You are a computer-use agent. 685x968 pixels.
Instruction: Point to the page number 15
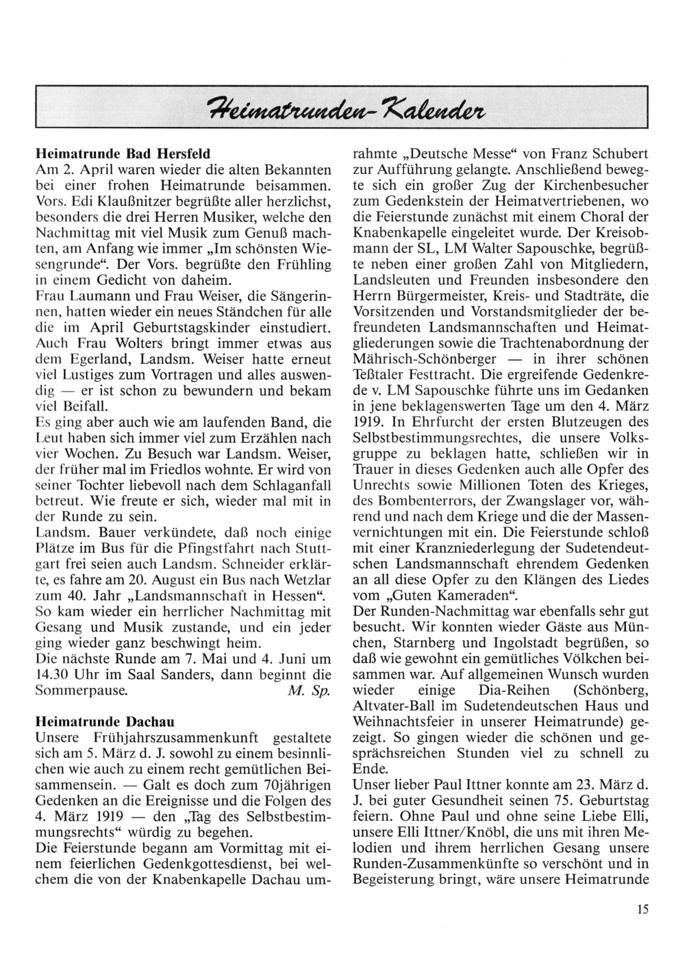click(641, 910)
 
